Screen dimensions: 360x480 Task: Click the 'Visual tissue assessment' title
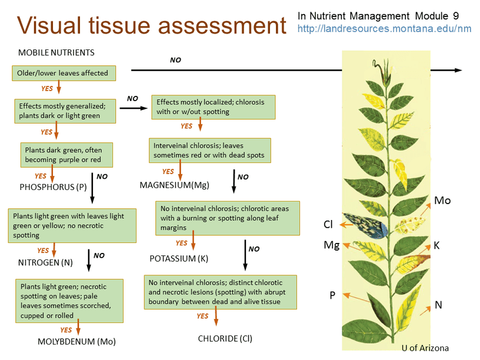click(152, 26)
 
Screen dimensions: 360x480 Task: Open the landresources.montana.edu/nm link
click(384, 28)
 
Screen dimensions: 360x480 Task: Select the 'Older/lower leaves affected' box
click(64, 73)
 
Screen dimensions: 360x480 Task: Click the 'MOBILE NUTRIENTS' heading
click(56, 52)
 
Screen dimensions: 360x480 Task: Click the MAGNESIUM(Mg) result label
click(174, 185)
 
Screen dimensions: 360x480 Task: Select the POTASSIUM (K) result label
click(179, 258)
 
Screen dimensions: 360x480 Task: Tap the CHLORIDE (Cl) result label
click(225, 338)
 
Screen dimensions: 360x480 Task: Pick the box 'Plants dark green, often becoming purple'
click(66, 154)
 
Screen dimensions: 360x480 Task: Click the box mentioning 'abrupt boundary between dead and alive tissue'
click(221, 292)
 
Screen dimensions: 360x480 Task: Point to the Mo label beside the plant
click(442, 201)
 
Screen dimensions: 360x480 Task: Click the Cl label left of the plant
click(328, 224)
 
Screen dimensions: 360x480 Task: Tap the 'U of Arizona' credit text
click(425, 348)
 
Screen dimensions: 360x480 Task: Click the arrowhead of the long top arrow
click(459, 70)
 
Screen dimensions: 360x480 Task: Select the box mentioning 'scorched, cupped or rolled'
click(69, 301)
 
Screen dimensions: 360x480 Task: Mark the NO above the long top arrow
click(175, 60)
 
